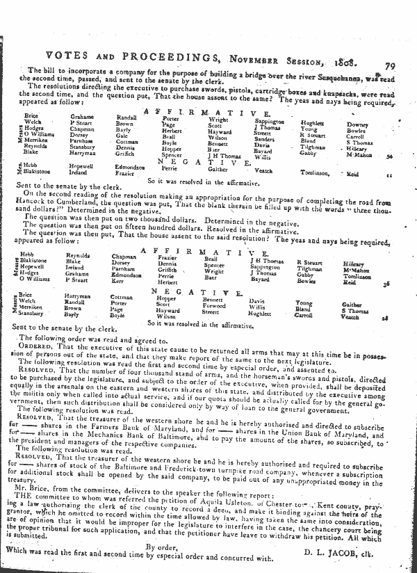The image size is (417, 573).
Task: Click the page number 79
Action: tap(389, 67)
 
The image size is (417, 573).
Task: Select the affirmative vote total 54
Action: tap(389, 157)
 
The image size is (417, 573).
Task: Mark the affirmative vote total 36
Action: tap(389, 284)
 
